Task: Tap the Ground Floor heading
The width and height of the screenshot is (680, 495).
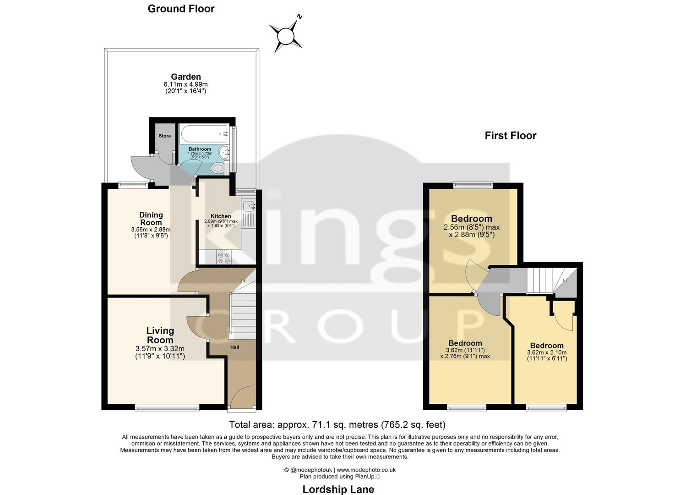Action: (x=181, y=9)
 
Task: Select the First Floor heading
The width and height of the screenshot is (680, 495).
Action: (x=510, y=135)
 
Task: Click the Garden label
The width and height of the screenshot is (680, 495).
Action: (x=185, y=77)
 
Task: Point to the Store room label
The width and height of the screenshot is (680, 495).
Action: (x=164, y=136)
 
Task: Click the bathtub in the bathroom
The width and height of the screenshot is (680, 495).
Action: (x=205, y=134)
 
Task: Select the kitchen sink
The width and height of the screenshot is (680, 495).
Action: (x=249, y=206)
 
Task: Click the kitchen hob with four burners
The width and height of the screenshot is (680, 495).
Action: (x=224, y=258)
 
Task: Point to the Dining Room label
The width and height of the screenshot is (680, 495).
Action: (x=151, y=219)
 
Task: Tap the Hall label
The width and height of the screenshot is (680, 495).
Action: (x=234, y=347)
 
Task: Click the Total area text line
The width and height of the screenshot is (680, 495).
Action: (x=337, y=424)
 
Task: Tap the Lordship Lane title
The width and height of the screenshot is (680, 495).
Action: (x=338, y=489)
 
